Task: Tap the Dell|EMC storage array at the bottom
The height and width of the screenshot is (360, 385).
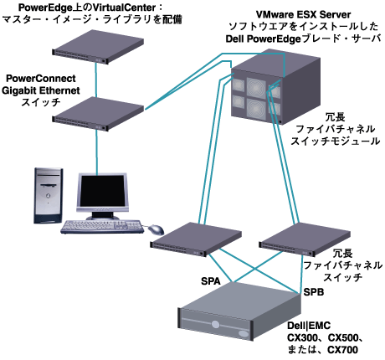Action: (222, 314)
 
